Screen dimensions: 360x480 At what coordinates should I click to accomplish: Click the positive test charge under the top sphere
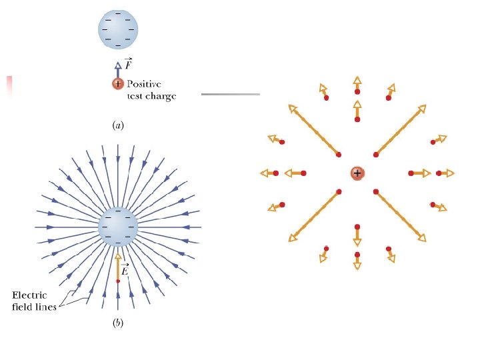(x=118, y=83)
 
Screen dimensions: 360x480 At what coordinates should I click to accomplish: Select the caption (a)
(x=117, y=125)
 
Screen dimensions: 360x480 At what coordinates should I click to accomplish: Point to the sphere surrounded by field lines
(x=118, y=227)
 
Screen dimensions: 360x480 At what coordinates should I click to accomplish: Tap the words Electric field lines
(x=29, y=301)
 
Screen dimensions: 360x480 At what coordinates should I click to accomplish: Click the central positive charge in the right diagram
(x=357, y=173)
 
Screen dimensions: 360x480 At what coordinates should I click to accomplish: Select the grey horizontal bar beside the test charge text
(x=230, y=95)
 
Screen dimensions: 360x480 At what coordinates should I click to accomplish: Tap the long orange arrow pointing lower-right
(x=401, y=216)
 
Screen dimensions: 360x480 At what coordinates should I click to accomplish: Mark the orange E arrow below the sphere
(x=118, y=266)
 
